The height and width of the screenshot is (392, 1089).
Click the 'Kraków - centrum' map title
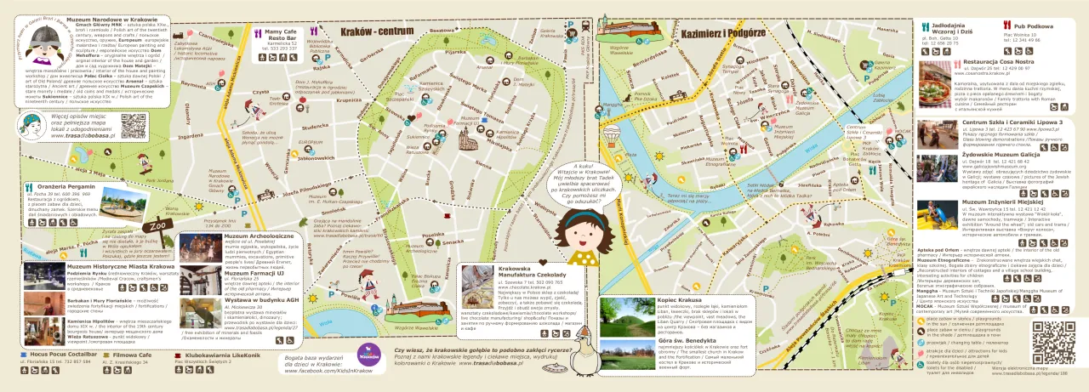[370, 31]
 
